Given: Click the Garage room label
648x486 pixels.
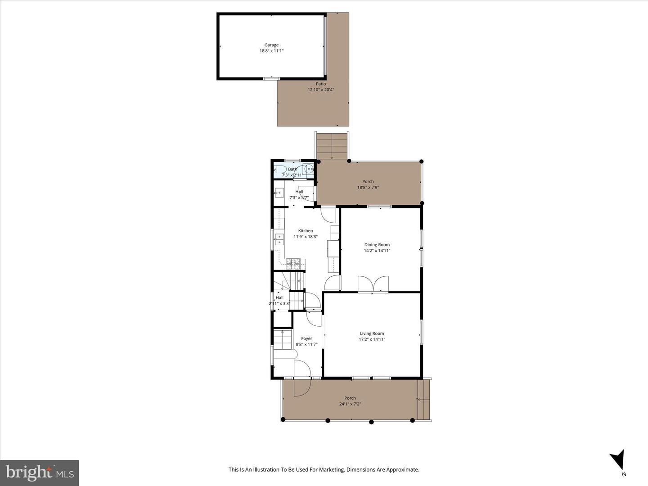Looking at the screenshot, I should [x=271, y=45].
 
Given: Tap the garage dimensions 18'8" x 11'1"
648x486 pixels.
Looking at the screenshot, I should [x=271, y=51].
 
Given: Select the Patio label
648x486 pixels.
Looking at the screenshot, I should [x=320, y=84].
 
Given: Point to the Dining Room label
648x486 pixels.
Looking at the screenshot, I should [x=377, y=245].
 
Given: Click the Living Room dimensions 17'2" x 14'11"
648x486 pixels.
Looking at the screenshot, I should [x=372, y=339].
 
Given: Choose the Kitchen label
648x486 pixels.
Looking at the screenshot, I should [x=305, y=231].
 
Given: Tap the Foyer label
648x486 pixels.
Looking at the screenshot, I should [x=306, y=338].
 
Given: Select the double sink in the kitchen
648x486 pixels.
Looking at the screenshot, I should [x=279, y=239].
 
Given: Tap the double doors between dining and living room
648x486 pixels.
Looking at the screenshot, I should [x=373, y=284].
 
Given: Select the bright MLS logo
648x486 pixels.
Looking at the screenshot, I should [x=40, y=472].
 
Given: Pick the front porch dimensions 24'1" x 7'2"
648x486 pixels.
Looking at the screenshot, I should [x=350, y=404].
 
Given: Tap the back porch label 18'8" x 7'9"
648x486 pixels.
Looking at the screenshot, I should [x=368, y=187].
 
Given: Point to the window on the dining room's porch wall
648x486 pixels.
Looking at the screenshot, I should [x=379, y=207].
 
